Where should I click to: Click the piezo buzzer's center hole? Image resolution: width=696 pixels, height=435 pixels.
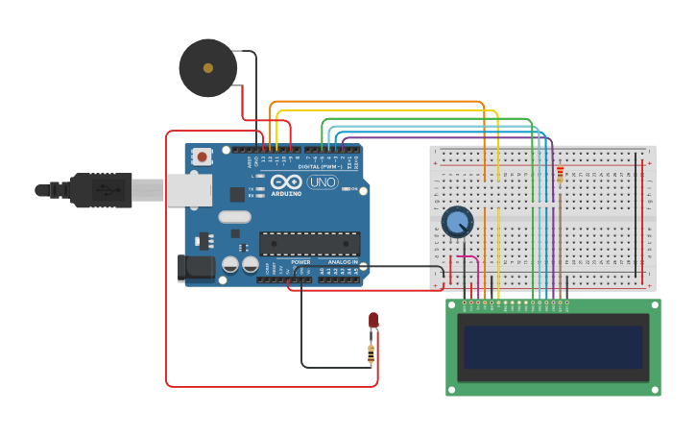pos(208,68)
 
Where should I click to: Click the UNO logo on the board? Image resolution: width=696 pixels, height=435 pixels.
pos(323,182)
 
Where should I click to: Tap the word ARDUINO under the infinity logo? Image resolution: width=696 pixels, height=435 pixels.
pos(286,193)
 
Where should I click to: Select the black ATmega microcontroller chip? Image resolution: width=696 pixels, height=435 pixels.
pos(309,244)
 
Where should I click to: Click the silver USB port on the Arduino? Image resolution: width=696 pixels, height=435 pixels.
pos(189,190)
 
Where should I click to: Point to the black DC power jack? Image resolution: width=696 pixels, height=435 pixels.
pos(197,268)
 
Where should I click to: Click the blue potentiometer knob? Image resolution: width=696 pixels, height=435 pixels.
pos(457,222)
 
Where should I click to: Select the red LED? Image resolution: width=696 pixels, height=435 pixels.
pos(373,321)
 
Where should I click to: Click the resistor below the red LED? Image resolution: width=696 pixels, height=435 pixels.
pos(372,354)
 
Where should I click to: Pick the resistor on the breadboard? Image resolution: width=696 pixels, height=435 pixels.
pos(560,175)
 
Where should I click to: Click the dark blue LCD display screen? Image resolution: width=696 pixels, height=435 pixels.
pos(553,347)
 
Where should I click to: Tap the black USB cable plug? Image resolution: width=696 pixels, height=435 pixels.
pos(101,190)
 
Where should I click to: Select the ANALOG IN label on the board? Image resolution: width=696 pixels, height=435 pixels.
pos(342,262)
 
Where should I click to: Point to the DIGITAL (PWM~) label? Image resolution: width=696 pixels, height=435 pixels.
pos(317,167)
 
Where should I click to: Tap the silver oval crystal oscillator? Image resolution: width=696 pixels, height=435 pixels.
pos(234,217)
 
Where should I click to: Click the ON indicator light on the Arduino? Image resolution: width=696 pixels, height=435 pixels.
pos(348,189)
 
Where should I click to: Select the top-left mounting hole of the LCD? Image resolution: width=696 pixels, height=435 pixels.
pos(452,305)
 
